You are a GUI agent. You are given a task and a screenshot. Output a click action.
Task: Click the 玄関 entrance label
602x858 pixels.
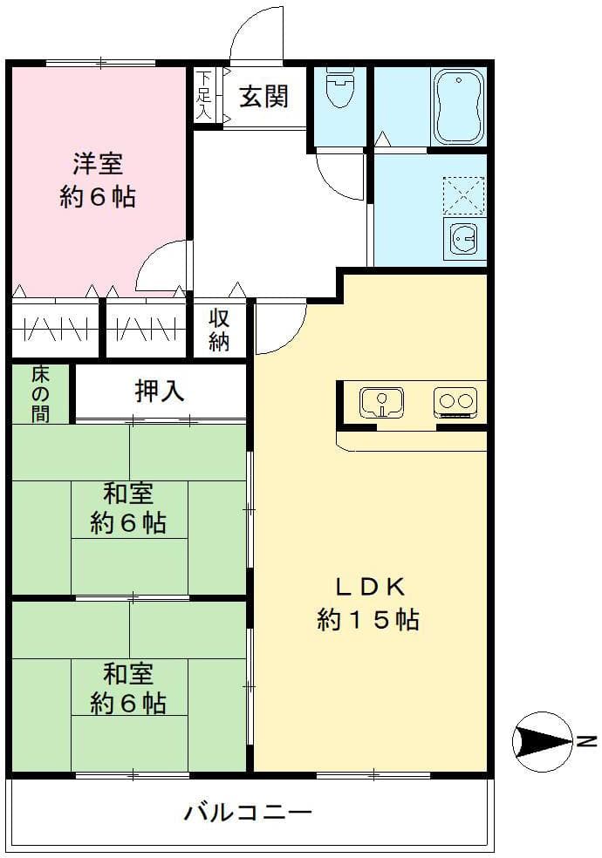tap(263, 97)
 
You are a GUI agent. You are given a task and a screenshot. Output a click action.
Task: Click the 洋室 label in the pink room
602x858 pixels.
tap(98, 163)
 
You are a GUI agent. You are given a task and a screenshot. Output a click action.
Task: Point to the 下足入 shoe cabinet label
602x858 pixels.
tap(204, 96)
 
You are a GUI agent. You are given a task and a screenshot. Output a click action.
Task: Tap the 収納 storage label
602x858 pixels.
tap(219, 330)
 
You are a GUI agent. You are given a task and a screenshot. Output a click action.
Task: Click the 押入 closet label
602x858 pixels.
tap(160, 392)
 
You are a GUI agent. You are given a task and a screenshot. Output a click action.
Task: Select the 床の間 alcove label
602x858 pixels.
tap(40, 394)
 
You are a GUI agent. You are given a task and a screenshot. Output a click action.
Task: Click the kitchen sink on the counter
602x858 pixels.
tap(381, 403)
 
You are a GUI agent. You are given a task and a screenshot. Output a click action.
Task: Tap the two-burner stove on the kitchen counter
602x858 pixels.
tap(455, 402)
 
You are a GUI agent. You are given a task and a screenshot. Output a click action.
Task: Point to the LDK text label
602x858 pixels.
tap(368, 586)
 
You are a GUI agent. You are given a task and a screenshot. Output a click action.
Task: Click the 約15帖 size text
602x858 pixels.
tap(368, 620)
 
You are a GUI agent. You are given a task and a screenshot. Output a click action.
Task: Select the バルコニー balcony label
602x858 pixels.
tap(248, 814)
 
